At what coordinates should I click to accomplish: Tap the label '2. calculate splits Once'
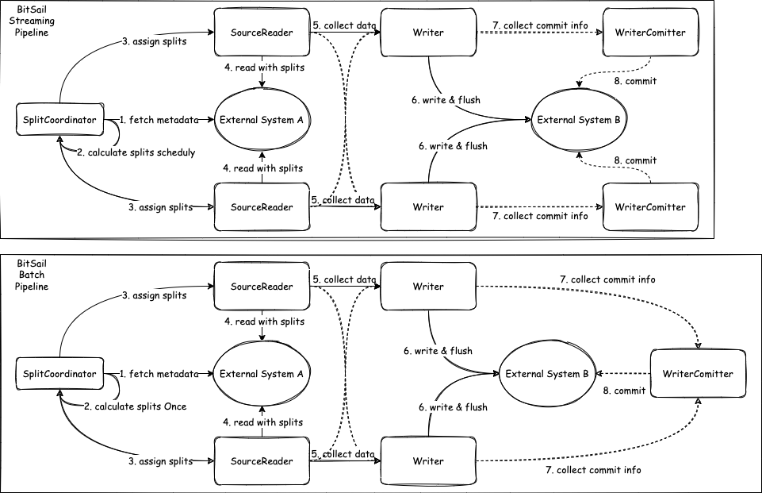[135, 406]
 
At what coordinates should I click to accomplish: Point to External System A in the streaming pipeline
[262, 120]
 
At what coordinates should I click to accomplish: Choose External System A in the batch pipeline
[262, 373]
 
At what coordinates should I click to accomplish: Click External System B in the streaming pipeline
[578, 120]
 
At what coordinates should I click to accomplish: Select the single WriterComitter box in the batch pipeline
[698, 373]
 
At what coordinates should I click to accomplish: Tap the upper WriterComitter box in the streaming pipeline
[649, 33]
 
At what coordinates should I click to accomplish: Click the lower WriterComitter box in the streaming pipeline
[649, 207]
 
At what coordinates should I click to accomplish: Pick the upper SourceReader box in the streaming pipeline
[261, 33]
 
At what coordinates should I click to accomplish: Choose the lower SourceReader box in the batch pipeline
[261, 460]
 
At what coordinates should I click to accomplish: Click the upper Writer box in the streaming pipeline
[428, 33]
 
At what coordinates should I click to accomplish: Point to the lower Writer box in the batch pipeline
[428, 460]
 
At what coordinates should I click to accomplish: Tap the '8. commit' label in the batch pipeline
[623, 391]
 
